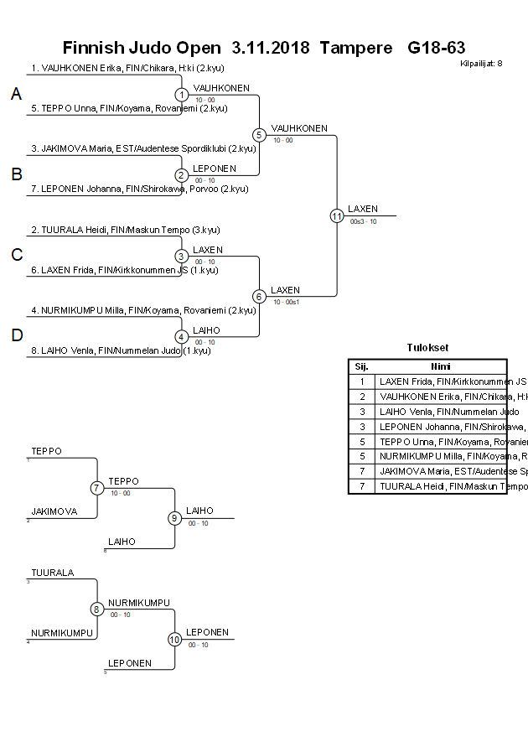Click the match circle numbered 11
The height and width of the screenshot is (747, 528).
[x=337, y=215]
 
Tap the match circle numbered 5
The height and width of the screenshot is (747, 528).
[x=259, y=135]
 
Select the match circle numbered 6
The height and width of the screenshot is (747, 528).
[x=259, y=296]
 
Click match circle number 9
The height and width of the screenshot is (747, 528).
[x=175, y=518]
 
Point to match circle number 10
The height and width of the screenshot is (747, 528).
[x=175, y=640]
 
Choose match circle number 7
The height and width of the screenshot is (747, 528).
[x=97, y=488]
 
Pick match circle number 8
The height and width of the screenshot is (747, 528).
[x=97, y=610]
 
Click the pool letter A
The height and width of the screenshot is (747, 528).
[x=16, y=95]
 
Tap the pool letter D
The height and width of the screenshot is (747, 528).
[x=16, y=336]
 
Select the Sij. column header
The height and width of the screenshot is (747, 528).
[x=362, y=366]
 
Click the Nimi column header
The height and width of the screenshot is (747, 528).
[x=441, y=366]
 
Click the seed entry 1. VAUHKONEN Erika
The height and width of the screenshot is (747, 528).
[x=127, y=68]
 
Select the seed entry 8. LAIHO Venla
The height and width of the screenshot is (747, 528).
[x=126, y=350]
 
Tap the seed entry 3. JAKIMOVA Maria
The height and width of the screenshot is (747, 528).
[x=143, y=148]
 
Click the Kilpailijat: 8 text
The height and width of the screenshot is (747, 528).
[x=481, y=63]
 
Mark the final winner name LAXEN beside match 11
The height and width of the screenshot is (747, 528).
[x=363, y=209]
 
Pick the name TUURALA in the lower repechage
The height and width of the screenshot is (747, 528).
[x=53, y=573]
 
